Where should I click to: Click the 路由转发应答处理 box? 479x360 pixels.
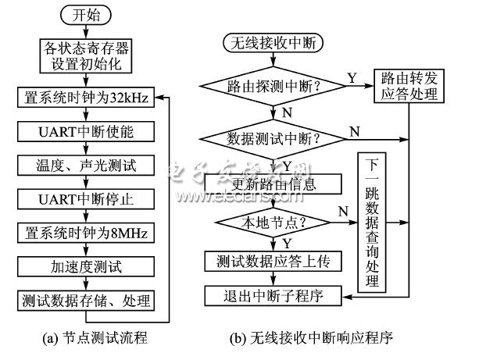tap(408, 87)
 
